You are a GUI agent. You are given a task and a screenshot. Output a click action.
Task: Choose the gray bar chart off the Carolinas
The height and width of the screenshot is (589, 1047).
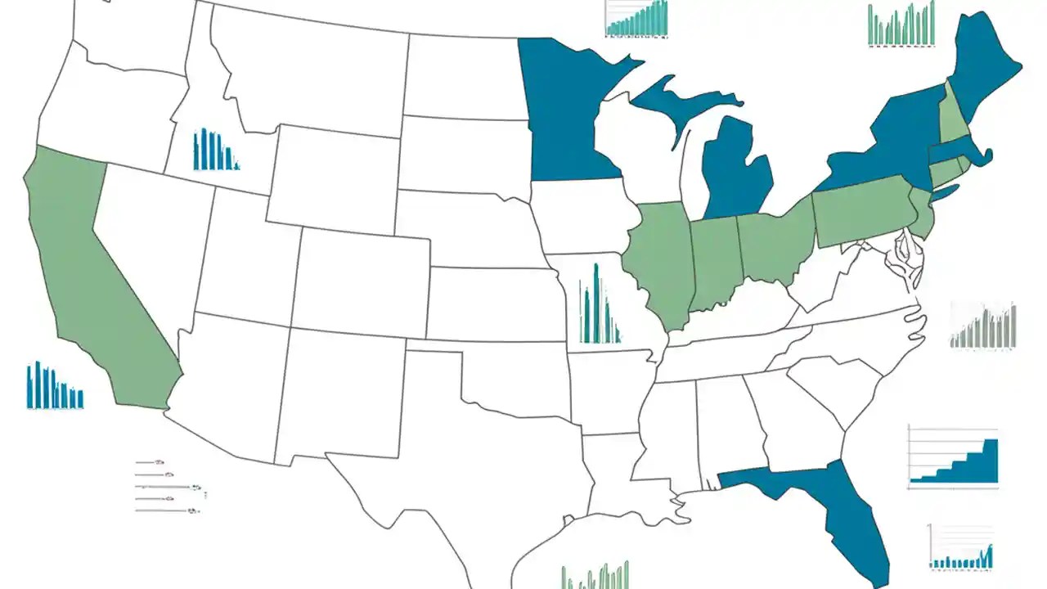[x=983, y=326]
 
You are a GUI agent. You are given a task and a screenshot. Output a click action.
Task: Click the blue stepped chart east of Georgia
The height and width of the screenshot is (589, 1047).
[x=954, y=457]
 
